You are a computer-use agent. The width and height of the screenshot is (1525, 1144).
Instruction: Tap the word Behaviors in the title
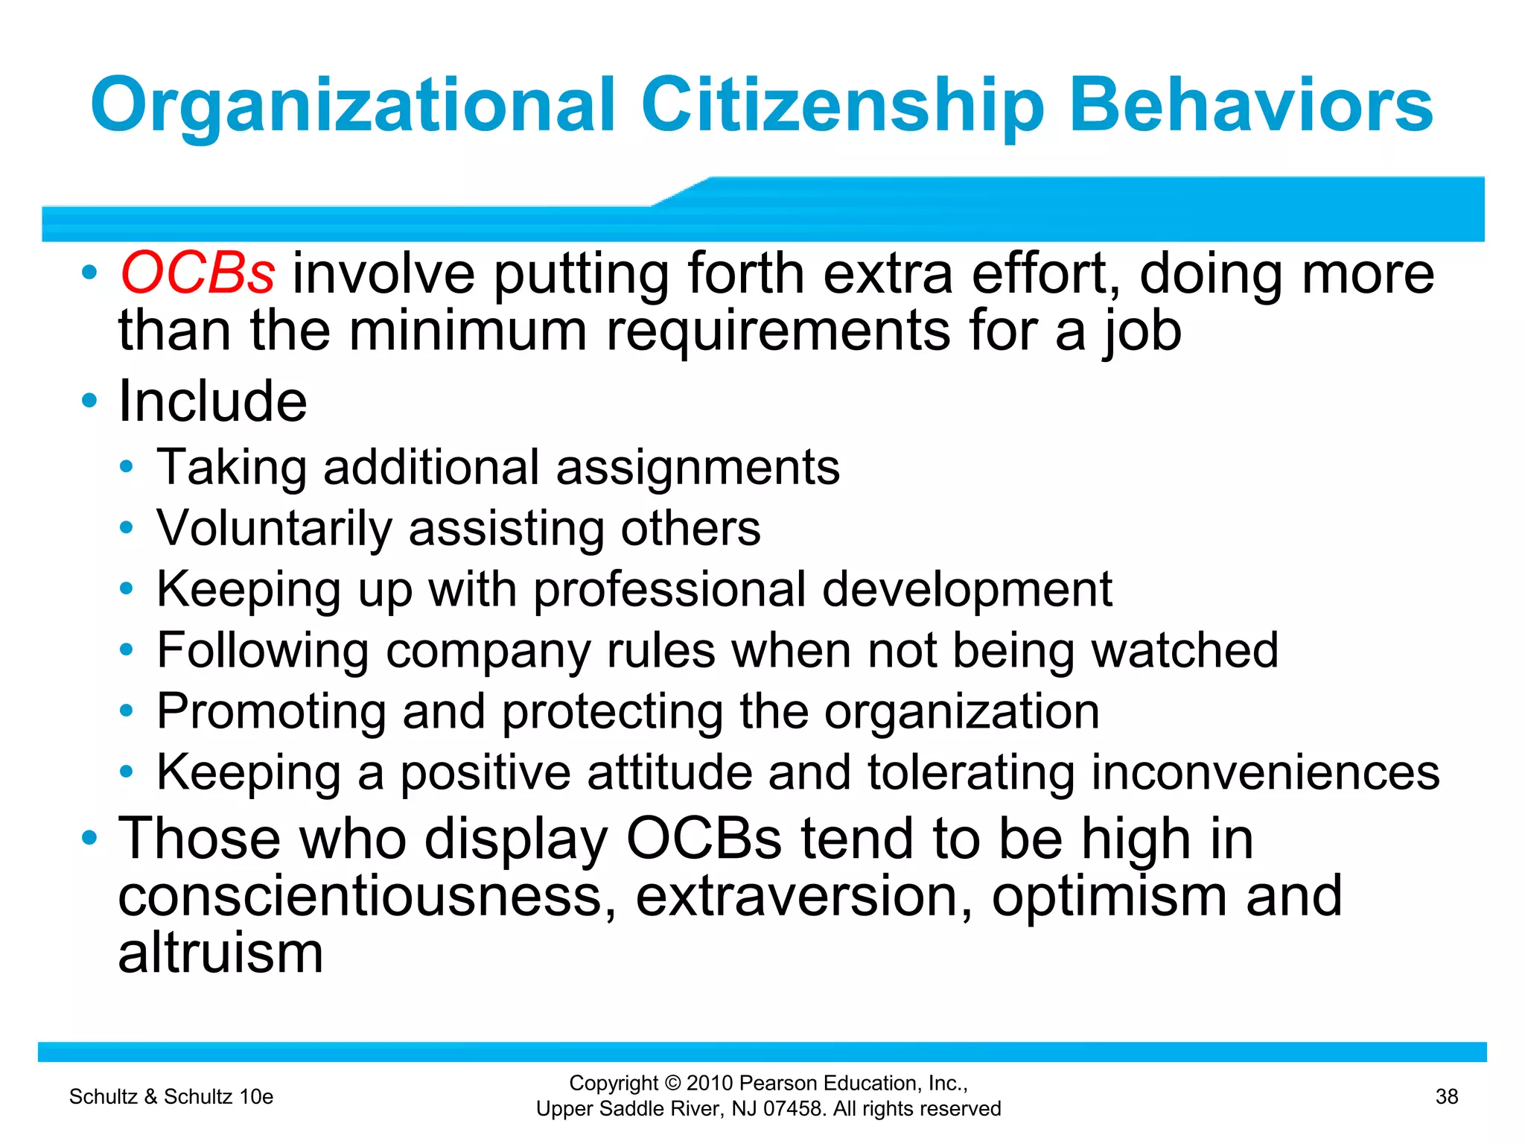pyautogui.click(x=1250, y=106)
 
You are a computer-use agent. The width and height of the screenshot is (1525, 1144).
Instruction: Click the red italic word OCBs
pyautogui.click(x=197, y=273)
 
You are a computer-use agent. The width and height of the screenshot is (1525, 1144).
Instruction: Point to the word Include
pyautogui.click(x=212, y=401)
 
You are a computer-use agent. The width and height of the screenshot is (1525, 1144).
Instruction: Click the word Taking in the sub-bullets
pyautogui.click(x=232, y=468)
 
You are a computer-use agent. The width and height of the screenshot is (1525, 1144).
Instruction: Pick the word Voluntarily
pyautogui.click(x=274, y=529)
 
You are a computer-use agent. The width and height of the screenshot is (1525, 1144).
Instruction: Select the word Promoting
pyautogui.click(x=271, y=711)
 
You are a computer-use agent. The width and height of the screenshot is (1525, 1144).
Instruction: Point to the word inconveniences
pyautogui.click(x=1265, y=772)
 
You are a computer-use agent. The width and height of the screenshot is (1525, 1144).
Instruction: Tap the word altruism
pyautogui.click(x=220, y=953)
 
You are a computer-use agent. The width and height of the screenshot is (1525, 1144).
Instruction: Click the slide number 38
pyautogui.click(x=1446, y=1096)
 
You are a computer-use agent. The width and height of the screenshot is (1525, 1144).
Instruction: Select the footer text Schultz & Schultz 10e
pyautogui.click(x=171, y=1096)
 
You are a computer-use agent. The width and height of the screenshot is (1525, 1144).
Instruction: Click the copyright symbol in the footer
pyautogui.click(x=673, y=1084)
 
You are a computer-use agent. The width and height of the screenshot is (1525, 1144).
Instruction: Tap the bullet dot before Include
pyautogui.click(x=89, y=401)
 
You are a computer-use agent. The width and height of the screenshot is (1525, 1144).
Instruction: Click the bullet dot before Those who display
pyautogui.click(x=89, y=838)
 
